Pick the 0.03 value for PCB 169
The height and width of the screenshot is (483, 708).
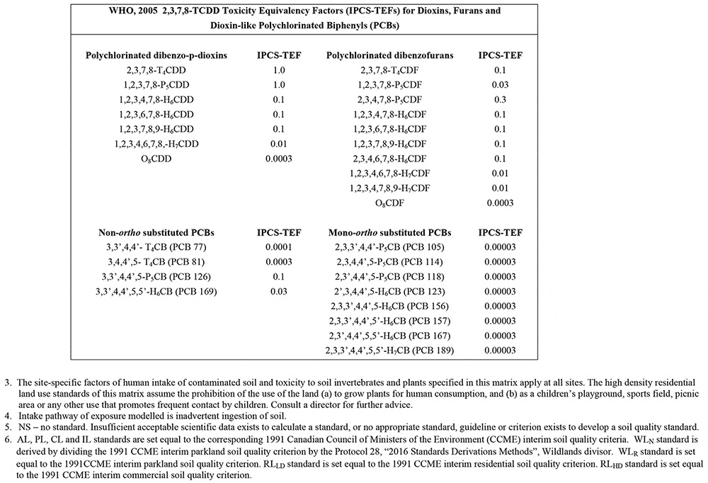pos(279,291)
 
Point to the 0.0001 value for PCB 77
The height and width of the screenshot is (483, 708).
pos(279,247)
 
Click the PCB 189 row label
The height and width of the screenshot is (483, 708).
pos(389,350)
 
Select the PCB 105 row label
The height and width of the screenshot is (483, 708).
pos(389,247)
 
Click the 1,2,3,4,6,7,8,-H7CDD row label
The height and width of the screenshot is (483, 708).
pos(156,144)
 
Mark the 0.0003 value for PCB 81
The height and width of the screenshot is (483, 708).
pos(279,262)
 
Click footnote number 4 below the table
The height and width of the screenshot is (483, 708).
pos(6,415)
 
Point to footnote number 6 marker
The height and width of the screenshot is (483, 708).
pos(6,438)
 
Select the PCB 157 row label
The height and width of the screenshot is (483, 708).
pos(389,321)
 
